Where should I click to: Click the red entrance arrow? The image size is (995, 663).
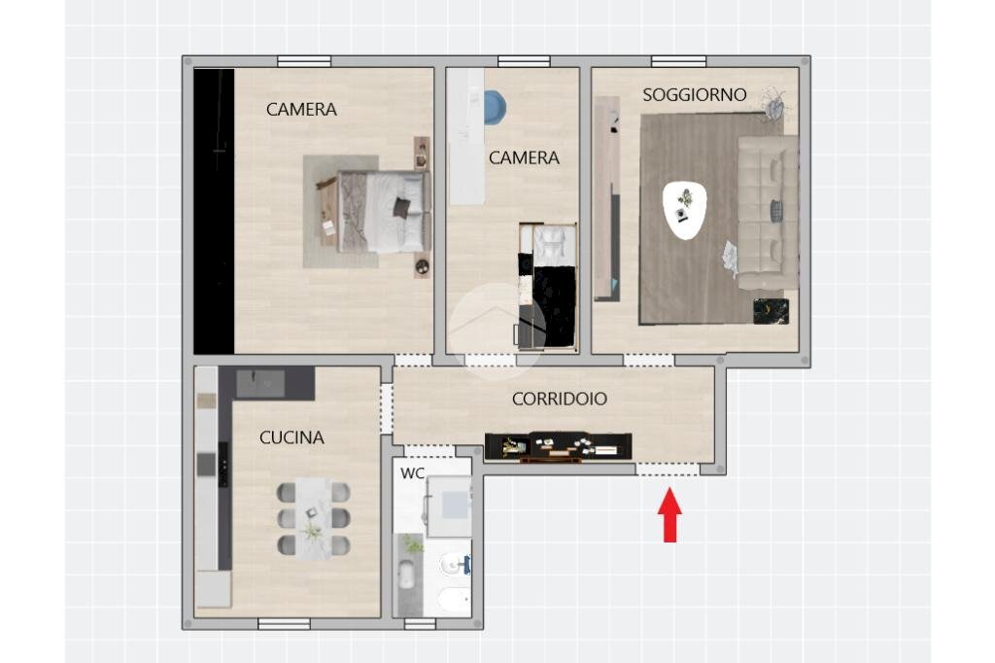[669, 514]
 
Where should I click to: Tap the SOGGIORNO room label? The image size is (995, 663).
[694, 95]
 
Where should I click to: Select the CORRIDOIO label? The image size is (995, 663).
[559, 399]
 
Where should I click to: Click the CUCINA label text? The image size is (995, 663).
[292, 437]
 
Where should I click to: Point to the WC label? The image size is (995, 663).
[412, 473]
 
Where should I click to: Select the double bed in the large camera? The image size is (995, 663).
[383, 212]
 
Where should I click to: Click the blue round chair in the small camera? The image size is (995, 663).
[495, 107]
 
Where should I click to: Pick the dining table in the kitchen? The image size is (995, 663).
[314, 518]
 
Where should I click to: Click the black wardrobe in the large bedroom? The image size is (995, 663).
[214, 211]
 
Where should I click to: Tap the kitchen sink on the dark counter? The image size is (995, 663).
[260, 384]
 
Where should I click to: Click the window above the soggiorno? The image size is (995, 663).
[678, 61]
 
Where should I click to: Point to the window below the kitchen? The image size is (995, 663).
[284, 623]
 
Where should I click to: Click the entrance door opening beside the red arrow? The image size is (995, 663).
[668, 470]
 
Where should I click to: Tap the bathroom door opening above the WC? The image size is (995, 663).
[430, 451]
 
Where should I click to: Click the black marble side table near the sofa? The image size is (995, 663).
[771, 311]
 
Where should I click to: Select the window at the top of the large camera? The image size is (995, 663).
[304, 61]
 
